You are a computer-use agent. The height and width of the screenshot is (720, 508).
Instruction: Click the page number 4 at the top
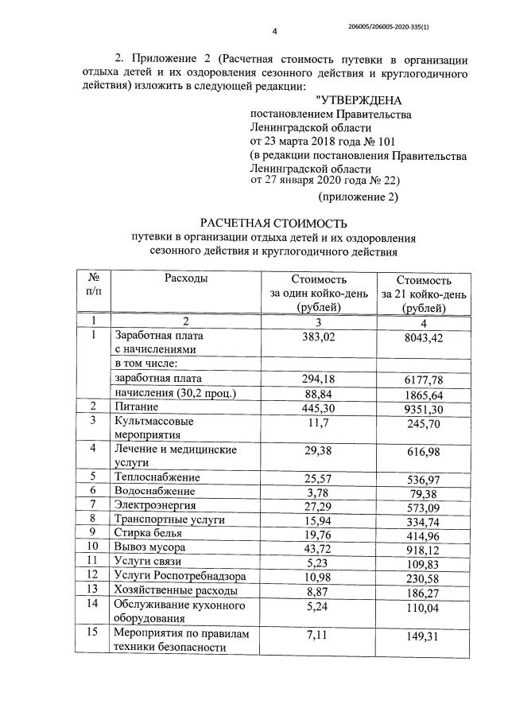(x=274, y=32)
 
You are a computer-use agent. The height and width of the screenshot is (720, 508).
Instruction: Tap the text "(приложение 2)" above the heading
(x=358, y=196)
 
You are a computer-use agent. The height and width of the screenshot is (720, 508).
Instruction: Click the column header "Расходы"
(x=186, y=278)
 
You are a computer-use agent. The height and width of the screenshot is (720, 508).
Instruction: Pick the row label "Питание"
(x=137, y=407)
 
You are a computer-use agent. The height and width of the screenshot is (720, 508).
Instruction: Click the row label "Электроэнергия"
(x=155, y=504)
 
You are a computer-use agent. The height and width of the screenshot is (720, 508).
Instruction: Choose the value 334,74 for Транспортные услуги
(x=424, y=520)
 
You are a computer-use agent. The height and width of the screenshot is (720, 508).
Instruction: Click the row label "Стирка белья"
(x=148, y=533)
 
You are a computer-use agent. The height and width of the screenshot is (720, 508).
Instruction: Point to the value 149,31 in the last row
(x=424, y=640)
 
